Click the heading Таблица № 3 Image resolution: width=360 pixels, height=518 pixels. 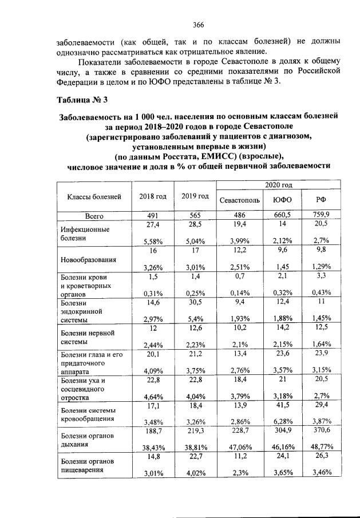click(x=82, y=100)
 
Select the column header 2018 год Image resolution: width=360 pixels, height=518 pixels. click(x=153, y=196)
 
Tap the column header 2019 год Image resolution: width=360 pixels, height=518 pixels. click(x=195, y=196)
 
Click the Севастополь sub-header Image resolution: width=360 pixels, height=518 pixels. click(x=239, y=201)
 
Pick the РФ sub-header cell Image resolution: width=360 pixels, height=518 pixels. click(x=321, y=201)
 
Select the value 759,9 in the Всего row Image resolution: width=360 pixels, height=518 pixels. click(x=321, y=215)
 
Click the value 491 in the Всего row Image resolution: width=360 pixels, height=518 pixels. click(x=153, y=215)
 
